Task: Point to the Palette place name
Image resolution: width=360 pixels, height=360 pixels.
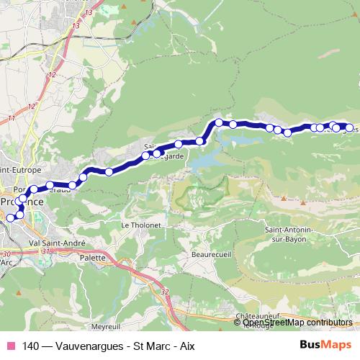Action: pyautogui.click(x=93, y=256)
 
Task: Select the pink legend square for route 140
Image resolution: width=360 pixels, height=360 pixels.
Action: pyautogui.click(x=9, y=345)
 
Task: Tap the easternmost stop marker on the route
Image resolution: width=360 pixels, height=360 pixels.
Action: pyautogui.click(x=349, y=127)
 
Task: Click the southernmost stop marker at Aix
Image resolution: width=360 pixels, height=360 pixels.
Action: pyautogui.click(x=10, y=218)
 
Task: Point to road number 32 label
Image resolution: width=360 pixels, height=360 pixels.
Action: pyautogui.click(x=165, y=292)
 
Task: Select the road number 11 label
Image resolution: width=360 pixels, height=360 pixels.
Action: pyautogui.click(x=11, y=118)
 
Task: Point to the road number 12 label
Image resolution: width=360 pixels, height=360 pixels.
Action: pyautogui.click(x=31, y=106)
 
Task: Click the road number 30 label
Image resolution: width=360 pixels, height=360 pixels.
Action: pyautogui.click(x=6, y=254)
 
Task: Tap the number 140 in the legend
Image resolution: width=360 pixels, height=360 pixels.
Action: pyautogui.click(x=31, y=345)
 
